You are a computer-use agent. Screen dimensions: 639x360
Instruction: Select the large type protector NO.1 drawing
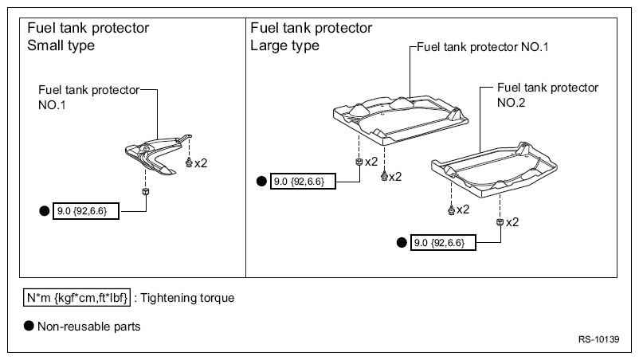[x=401, y=120]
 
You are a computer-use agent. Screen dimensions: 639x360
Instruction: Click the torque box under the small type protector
[x=86, y=211]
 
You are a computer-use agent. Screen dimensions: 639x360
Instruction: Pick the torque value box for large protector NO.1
[x=303, y=182]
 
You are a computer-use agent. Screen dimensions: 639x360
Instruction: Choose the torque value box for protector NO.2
[x=443, y=243]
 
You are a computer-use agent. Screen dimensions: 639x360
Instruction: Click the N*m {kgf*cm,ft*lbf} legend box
[x=76, y=298]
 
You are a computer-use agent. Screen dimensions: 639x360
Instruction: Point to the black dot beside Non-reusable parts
[x=29, y=326]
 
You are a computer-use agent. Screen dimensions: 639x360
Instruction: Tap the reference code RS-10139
[x=598, y=339]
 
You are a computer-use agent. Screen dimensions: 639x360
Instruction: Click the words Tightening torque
[x=187, y=298]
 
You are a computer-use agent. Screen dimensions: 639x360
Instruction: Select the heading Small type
[x=61, y=45]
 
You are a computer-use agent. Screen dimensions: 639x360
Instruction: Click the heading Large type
[x=284, y=45]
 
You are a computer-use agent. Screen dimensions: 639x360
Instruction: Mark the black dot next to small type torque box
[x=44, y=211]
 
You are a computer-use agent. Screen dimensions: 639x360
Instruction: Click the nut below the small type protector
[x=146, y=191]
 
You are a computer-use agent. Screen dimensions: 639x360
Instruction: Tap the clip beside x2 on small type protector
[x=189, y=162]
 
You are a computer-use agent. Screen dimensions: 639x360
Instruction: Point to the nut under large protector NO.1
[x=359, y=162]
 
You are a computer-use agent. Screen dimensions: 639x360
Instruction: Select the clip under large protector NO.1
[x=384, y=176]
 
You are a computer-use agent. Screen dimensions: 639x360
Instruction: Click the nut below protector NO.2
[x=500, y=222]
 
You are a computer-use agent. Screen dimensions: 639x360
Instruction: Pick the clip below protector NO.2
[x=451, y=209]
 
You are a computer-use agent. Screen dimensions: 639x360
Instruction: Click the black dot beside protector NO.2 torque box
[x=402, y=243]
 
